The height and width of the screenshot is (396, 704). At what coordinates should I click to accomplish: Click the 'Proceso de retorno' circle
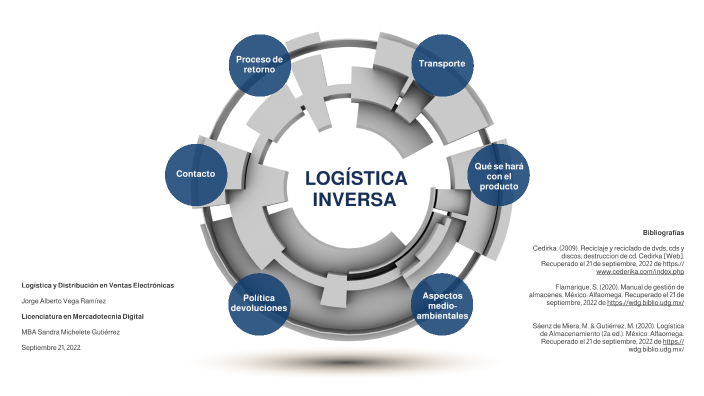point(260,66)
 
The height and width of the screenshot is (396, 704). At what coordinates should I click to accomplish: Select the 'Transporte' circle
point(441,65)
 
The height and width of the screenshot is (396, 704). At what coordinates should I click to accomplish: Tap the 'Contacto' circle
point(195,174)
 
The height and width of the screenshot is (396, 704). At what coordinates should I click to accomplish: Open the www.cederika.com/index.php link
point(639,271)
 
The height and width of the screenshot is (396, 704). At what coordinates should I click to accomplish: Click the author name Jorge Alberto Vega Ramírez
point(64,300)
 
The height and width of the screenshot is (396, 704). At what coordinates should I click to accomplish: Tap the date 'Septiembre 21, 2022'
point(51,347)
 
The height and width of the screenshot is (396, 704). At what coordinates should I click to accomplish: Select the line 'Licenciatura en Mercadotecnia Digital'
point(83,316)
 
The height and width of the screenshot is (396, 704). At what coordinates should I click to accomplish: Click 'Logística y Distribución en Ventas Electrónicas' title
point(98,285)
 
